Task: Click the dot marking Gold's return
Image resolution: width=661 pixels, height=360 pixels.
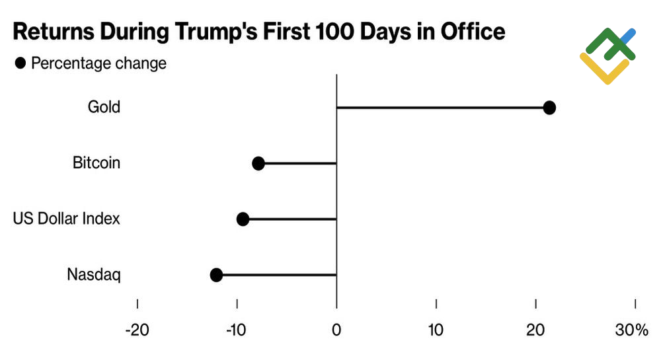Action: pyautogui.click(x=549, y=108)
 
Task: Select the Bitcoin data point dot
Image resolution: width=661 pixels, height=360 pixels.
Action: pyautogui.click(x=258, y=163)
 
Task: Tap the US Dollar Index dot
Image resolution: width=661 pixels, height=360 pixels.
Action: pyautogui.click(x=243, y=219)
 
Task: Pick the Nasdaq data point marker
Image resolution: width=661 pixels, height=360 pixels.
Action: pyautogui.click(x=216, y=275)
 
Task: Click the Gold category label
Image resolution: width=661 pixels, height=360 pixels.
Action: pyautogui.click(x=104, y=106)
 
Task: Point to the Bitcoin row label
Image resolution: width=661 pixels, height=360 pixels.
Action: pyautogui.click(x=97, y=162)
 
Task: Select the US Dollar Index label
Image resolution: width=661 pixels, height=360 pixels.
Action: pyautogui.click(x=67, y=219)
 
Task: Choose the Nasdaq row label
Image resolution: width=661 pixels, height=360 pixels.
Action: pyautogui.click(x=94, y=275)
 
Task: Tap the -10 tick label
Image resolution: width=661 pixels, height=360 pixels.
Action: pyautogui.click(x=236, y=330)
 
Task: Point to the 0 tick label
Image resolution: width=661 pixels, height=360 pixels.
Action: pyautogui.click(x=336, y=330)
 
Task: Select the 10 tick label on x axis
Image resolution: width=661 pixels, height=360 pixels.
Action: pyautogui.click(x=436, y=330)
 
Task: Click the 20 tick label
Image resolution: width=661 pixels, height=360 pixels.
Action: pyautogui.click(x=535, y=330)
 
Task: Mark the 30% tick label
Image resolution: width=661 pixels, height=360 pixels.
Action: pyautogui.click(x=632, y=330)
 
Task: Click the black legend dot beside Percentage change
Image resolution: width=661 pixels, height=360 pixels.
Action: pyautogui.click(x=20, y=63)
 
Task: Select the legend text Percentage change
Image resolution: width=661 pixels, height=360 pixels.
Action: pyautogui.click(x=99, y=63)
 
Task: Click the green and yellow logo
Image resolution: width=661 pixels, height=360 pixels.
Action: pyautogui.click(x=607, y=55)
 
